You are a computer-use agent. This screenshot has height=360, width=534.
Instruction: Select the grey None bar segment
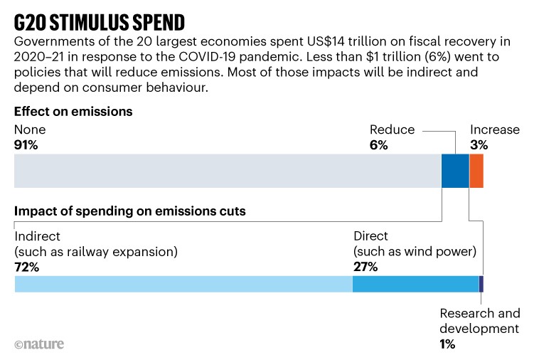(228, 171)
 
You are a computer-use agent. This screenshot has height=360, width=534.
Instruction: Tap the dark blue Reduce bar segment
(455, 171)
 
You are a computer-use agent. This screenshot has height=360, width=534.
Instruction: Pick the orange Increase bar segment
(476, 171)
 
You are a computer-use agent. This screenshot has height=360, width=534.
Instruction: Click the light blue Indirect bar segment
(183, 284)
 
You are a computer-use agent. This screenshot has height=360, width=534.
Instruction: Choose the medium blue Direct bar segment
(416, 284)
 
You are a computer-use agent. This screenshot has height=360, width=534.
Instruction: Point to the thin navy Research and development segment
(481, 284)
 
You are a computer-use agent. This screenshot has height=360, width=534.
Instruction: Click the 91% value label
(26, 144)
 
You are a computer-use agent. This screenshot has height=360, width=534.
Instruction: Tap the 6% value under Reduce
(378, 144)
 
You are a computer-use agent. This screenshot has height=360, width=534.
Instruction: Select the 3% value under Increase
(479, 144)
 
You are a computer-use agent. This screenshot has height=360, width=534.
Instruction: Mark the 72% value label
(26, 267)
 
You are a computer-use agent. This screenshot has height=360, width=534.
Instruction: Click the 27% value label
(365, 267)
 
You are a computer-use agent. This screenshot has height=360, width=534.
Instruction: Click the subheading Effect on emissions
(74, 112)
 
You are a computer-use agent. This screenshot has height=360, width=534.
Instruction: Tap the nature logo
(39, 344)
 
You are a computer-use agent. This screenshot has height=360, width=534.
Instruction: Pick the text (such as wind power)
(415, 252)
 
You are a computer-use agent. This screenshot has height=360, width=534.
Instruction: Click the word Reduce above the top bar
(392, 130)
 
